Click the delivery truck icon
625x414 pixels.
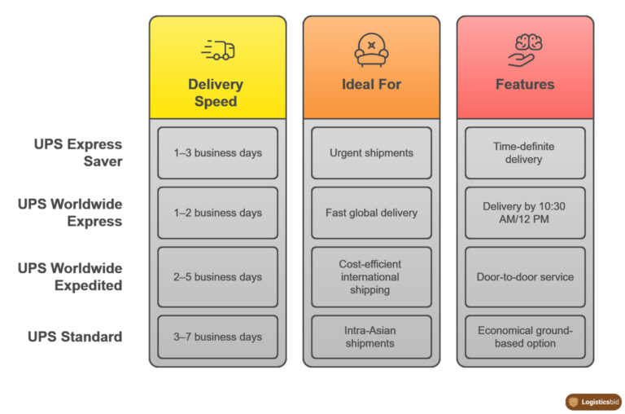217,51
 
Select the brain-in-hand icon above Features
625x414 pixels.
525,50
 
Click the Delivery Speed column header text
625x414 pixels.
216,93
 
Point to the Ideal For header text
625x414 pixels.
371,84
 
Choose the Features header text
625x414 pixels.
525,84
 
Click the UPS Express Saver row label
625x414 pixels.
78,152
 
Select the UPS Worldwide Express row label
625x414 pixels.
71,212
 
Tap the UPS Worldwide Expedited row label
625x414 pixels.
71,276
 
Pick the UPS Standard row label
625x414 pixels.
75,337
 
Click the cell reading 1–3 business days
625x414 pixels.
217,153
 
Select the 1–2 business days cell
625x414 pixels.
217,213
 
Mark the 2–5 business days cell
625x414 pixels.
217,277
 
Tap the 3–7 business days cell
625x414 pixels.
217,337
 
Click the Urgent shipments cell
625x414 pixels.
371,153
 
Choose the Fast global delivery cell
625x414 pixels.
371,213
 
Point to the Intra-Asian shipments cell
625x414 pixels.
371,337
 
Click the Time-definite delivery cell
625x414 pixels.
525,153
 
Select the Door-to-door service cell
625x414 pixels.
525,277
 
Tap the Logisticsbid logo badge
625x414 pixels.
593,402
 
